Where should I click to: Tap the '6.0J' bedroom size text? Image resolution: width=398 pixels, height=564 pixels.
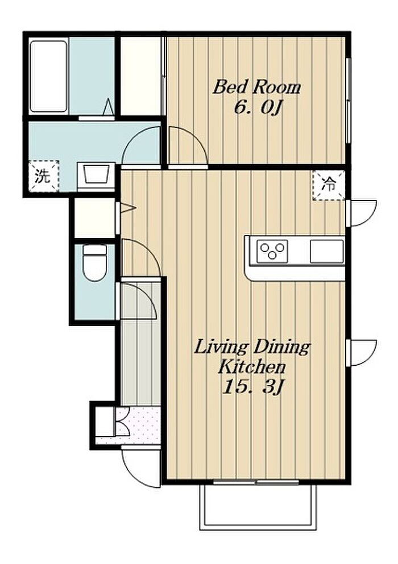(x=256, y=107)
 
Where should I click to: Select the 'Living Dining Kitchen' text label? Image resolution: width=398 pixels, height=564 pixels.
(x=252, y=357)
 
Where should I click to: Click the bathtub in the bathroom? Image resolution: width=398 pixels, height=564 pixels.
(x=48, y=76)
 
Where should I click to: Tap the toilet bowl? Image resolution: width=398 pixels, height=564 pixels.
(x=95, y=262)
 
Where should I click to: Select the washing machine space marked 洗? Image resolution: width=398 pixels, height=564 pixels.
(x=43, y=176)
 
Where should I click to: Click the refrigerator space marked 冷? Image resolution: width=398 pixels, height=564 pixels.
(x=329, y=185)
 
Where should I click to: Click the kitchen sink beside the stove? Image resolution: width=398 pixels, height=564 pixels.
(x=327, y=250)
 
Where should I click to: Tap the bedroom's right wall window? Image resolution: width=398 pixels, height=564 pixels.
(x=348, y=100)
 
